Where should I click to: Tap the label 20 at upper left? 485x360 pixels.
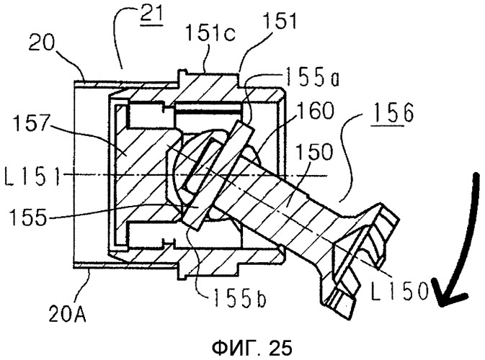(x=41, y=44)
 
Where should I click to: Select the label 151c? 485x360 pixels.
(x=210, y=32)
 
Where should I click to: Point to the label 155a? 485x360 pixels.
(x=311, y=77)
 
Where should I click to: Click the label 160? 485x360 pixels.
(x=315, y=111)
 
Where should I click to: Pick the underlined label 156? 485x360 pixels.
(x=393, y=114)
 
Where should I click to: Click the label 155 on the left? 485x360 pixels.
(x=28, y=217)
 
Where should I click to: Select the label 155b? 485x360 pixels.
(x=239, y=299)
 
